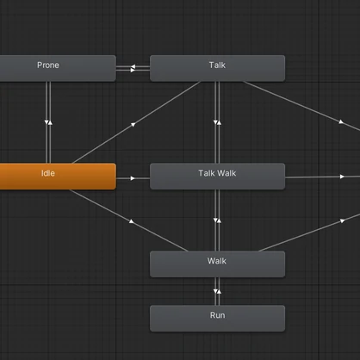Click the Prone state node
[x=58, y=68]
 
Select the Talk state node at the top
[x=217, y=68]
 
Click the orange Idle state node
[x=58, y=177]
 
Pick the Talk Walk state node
[x=217, y=177]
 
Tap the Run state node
[x=217, y=319]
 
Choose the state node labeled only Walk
[x=217, y=264]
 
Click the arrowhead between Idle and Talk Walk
[x=133, y=178]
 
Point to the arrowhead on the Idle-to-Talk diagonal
[x=133, y=125]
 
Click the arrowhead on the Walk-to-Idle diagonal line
[x=131, y=221]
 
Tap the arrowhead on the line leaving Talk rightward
[x=341, y=122]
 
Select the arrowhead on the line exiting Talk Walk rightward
[x=342, y=177]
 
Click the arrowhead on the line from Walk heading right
[x=342, y=220]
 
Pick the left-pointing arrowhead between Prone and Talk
[x=133, y=66]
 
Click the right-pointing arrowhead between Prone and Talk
[x=133, y=70]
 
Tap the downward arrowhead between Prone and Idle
[x=47, y=122]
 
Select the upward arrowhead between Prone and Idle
[x=50, y=122]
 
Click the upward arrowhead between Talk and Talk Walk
[x=219, y=122]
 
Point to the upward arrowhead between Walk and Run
[x=219, y=291]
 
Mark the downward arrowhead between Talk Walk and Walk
[x=215, y=220]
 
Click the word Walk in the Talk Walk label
[x=227, y=173]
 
